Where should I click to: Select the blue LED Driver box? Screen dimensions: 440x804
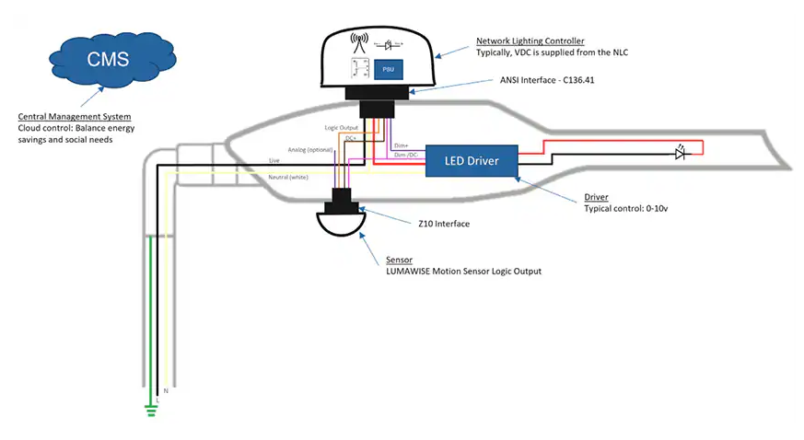472,161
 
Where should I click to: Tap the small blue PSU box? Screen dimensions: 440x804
388,69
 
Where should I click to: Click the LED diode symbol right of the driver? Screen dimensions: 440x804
681,154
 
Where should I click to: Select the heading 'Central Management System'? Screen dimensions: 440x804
75,117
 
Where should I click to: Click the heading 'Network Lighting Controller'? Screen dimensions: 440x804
529,41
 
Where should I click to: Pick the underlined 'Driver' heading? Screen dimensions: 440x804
597,197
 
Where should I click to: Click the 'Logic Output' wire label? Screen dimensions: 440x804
341,127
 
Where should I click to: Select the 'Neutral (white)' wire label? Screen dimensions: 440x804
287,176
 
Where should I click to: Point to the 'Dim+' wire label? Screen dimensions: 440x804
402,145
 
